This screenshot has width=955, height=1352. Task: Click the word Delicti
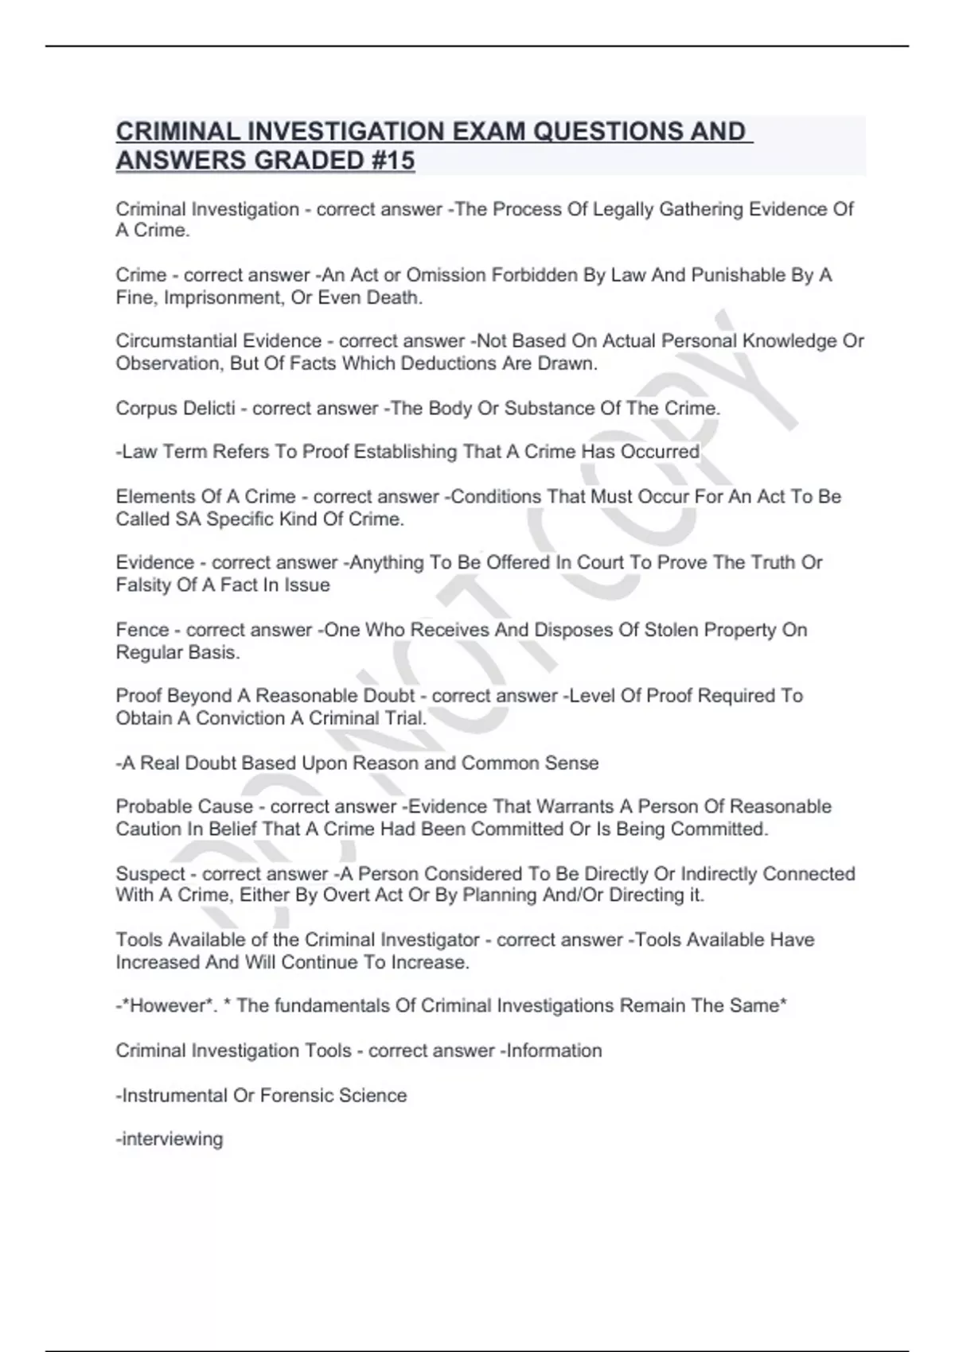[209, 409]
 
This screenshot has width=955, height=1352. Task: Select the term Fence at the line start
[142, 630]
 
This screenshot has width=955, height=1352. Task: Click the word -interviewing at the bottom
[170, 1140]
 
